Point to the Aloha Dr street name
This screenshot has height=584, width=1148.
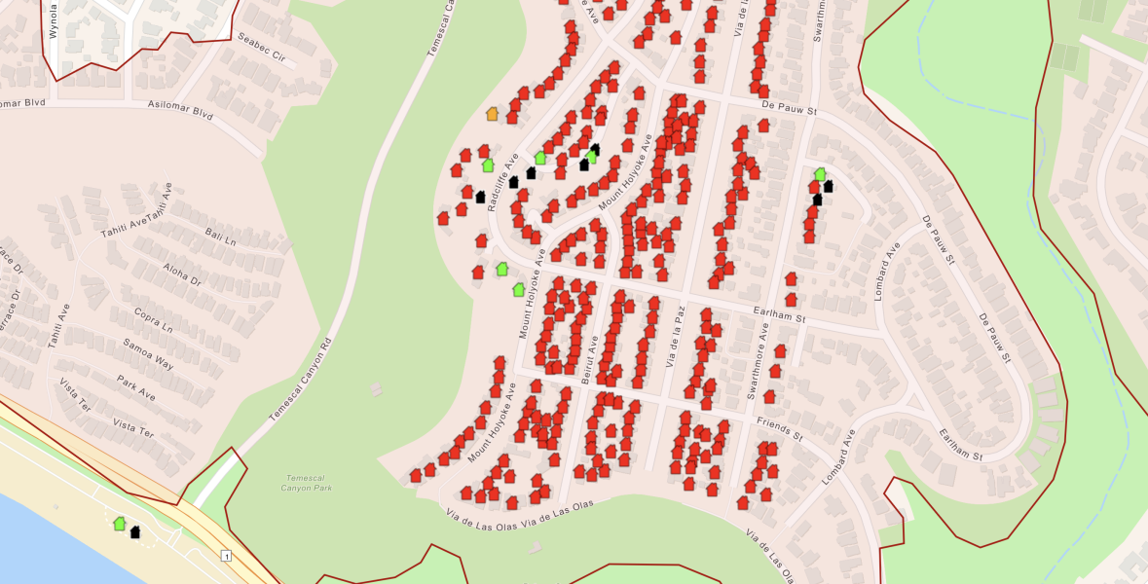[x=181, y=274]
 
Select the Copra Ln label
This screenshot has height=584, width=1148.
[x=154, y=321]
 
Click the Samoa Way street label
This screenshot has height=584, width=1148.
[x=148, y=354]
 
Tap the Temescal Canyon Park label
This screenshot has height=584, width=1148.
[x=307, y=482]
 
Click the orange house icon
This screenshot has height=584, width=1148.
[x=493, y=115]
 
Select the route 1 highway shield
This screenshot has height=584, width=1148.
[x=226, y=556]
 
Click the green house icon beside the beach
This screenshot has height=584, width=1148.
[x=119, y=524]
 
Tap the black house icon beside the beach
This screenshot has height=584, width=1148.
[x=135, y=531]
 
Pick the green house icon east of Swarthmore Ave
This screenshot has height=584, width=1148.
[x=820, y=174]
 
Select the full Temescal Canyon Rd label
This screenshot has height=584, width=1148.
[x=301, y=380]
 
